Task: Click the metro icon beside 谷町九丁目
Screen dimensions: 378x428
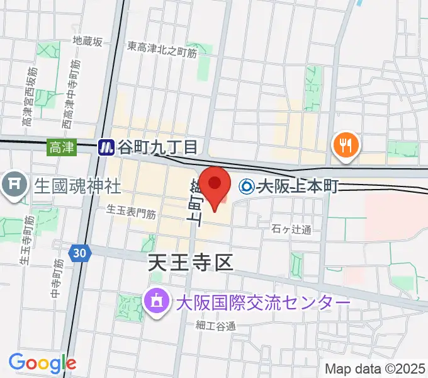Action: click(106, 147)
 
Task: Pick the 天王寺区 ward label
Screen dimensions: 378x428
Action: click(190, 262)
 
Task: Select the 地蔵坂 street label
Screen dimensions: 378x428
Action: click(87, 42)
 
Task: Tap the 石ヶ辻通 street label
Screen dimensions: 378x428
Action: click(293, 229)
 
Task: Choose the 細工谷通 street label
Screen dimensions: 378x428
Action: click(215, 326)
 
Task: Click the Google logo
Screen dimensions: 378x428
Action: click(42, 362)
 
